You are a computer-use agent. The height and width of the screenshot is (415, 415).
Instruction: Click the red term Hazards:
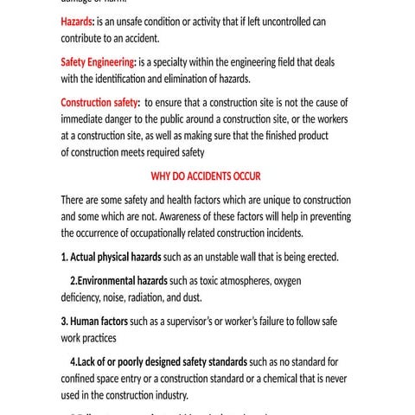coord(80,22)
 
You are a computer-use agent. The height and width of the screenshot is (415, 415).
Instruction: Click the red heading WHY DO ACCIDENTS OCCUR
coord(206,176)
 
